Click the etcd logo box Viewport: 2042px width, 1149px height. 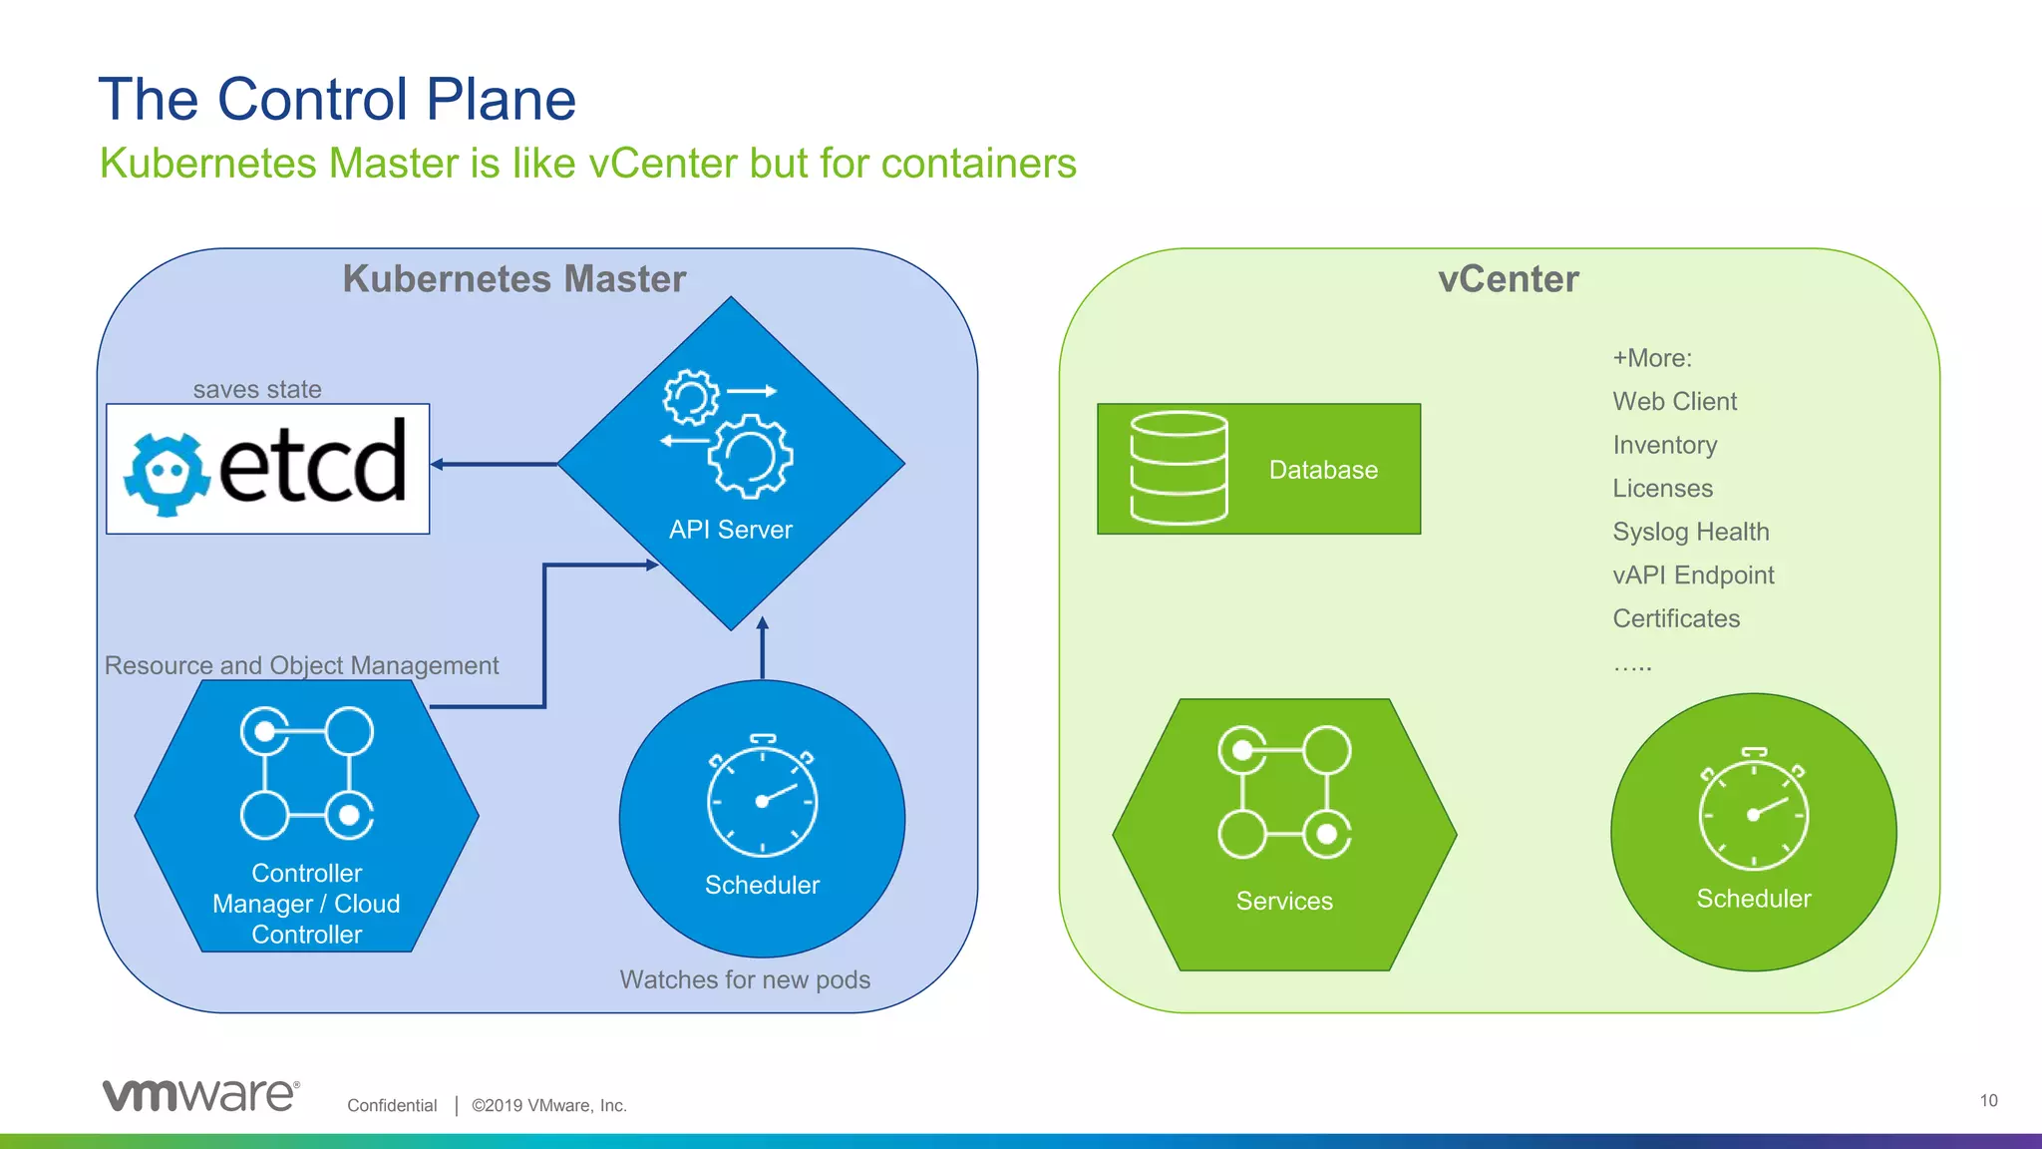pyautogui.click(x=267, y=469)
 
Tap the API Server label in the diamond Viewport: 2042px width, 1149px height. pyautogui.click(x=730, y=530)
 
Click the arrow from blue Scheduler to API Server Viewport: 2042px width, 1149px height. pyautogui.click(x=763, y=648)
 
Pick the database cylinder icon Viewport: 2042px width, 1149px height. pyautogui.click(x=1179, y=468)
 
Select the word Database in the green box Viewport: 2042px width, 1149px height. pyautogui.click(x=1323, y=470)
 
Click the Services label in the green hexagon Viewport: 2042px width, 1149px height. pyautogui.click(x=1284, y=901)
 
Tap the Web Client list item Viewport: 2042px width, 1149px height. pyautogui.click(x=1674, y=402)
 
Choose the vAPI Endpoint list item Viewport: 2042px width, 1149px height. pyautogui.click(x=1693, y=575)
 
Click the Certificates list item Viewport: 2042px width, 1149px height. pyautogui.click(x=1676, y=618)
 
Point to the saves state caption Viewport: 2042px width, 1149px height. pyautogui.click(x=257, y=389)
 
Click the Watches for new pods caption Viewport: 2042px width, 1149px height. pyautogui.click(x=745, y=979)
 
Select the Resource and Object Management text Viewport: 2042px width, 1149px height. pyautogui.click(x=301, y=665)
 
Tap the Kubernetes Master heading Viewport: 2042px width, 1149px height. pyautogui.click(x=513, y=278)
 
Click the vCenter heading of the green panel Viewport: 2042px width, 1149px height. pyautogui.click(x=1508, y=278)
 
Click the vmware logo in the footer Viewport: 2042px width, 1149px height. pyautogui.click(x=200, y=1095)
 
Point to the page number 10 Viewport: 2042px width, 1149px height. pyautogui.click(x=1988, y=1100)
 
